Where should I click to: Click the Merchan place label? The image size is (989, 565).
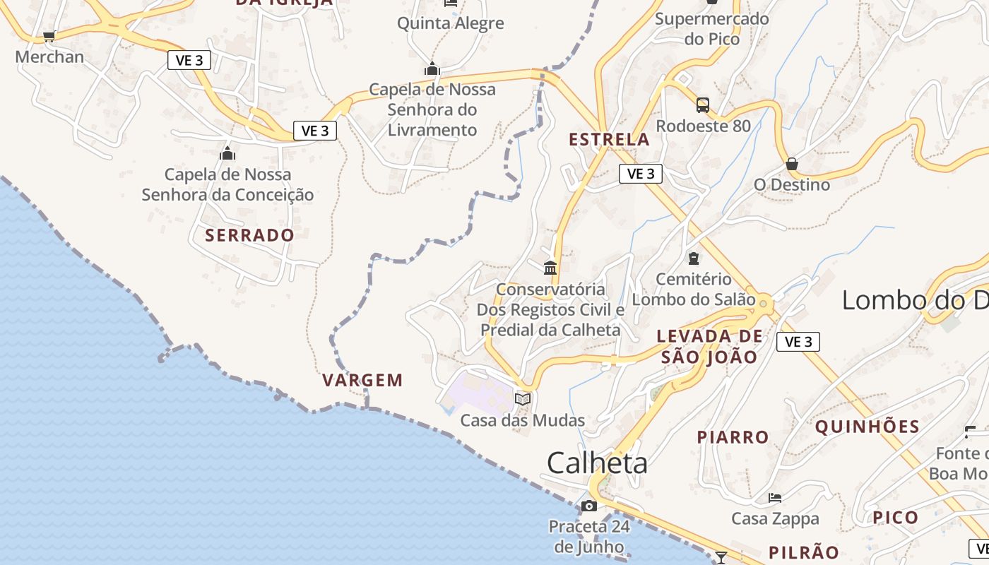(x=49, y=56)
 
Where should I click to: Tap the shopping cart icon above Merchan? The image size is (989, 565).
(x=49, y=36)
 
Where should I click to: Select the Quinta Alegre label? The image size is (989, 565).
(x=450, y=23)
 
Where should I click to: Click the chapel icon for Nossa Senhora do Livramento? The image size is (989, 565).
(x=432, y=69)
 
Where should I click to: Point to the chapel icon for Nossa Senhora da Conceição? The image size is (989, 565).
(x=227, y=153)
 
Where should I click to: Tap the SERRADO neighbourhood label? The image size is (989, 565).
(x=249, y=235)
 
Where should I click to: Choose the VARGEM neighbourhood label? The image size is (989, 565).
(x=362, y=380)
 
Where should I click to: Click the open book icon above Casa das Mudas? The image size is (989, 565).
(x=523, y=399)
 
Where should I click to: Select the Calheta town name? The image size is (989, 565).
(x=597, y=463)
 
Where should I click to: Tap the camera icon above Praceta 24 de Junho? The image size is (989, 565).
(x=588, y=506)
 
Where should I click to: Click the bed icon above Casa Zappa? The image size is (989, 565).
(x=775, y=498)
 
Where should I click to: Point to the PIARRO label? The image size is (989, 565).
(x=733, y=437)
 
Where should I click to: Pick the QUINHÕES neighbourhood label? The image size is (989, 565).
(x=867, y=427)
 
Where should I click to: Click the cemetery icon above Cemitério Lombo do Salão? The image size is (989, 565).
(x=693, y=258)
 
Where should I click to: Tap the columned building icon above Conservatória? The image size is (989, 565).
(x=550, y=268)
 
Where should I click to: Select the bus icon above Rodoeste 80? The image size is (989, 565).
(x=702, y=105)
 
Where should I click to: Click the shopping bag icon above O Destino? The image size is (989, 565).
(x=792, y=164)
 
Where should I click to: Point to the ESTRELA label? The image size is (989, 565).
(x=609, y=139)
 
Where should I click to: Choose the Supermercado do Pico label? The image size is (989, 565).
(x=711, y=28)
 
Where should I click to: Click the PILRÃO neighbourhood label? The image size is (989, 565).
(x=803, y=552)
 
